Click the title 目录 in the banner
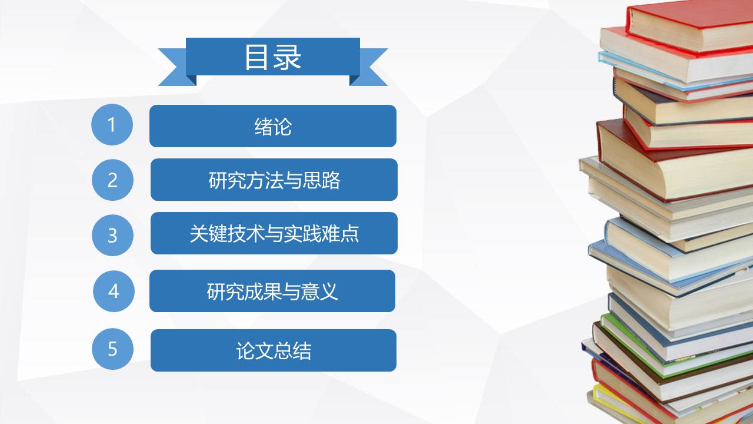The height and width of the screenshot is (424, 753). (x=273, y=57)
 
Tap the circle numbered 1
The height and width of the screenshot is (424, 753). (x=112, y=125)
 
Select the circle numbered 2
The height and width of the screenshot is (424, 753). (x=112, y=180)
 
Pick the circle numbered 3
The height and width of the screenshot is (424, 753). (x=112, y=236)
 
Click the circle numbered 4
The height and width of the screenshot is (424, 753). (x=114, y=291)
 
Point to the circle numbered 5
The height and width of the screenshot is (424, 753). (x=112, y=349)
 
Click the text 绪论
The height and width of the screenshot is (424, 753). (x=273, y=127)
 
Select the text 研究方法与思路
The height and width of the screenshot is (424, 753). (x=274, y=180)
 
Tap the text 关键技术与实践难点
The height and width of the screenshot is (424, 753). (x=274, y=234)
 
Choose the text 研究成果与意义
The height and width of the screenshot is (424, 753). (x=272, y=291)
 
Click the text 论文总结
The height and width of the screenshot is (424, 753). (x=274, y=351)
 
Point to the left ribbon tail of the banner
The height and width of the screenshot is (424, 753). (x=174, y=68)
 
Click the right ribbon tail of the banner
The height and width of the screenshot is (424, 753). (x=371, y=68)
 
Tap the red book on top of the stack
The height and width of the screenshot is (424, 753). (x=688, y=24)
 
